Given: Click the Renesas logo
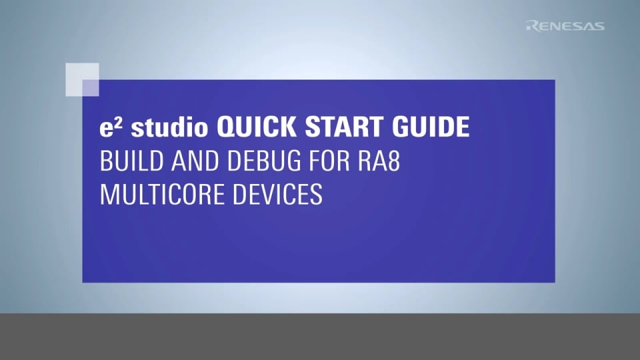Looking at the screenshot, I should [x=565, y=26].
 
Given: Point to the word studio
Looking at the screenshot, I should [x=168, y=128].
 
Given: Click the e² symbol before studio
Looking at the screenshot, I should [x=109, y=127].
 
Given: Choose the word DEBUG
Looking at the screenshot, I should [x=247, y=161].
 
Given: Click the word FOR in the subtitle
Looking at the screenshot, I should [x=323, y=161].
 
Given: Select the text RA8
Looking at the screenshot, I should [x=378, y=161].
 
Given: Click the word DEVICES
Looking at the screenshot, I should [x=280, y=195].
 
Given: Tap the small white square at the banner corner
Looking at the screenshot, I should [x=83, y=79].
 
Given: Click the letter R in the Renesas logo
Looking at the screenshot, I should [x=531, y=26].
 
